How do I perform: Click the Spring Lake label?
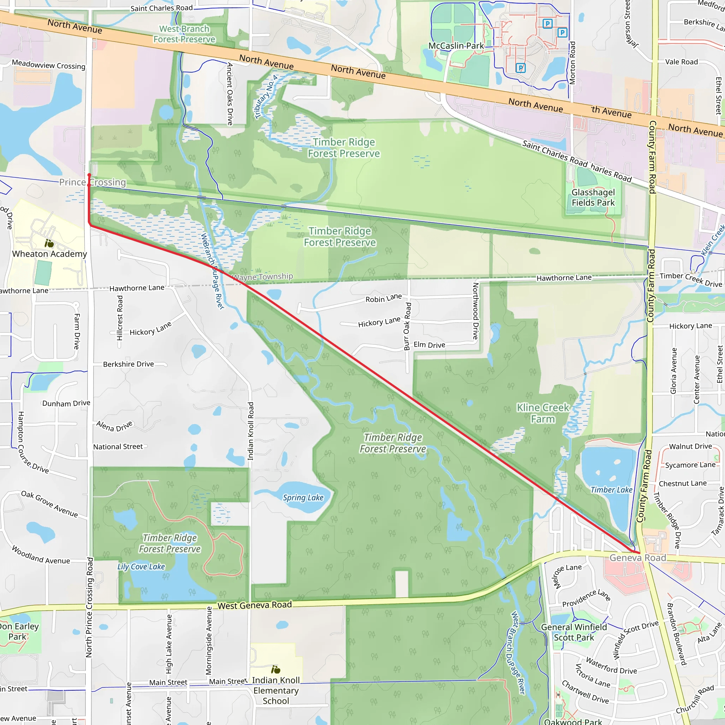[x=303, y=498]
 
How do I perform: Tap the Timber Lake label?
[x=611, y=490]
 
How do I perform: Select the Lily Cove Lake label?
[x=141, y=567]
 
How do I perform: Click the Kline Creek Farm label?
[x=543, y=413]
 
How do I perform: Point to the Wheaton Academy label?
[x=50, y=254]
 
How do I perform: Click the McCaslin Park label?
[x=456, y=46]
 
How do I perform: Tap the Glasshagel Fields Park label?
[x=593, y=198]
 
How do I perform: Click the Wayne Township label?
[x=262, y=277]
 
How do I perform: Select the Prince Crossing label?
[x=92, y=182]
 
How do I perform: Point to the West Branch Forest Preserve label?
[x=184, y=34]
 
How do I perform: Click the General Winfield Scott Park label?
[x=574, y=632]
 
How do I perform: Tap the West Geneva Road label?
[x=255, y=605]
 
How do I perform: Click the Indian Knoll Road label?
[x=251, y=431]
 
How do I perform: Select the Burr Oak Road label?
[x=407, y=326]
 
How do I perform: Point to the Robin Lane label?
[x=383, y=298]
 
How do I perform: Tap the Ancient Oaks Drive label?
[x=230, y=94]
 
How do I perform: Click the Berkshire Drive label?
[x=129, y=364]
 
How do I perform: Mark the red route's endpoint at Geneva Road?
[x=639, y=552]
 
